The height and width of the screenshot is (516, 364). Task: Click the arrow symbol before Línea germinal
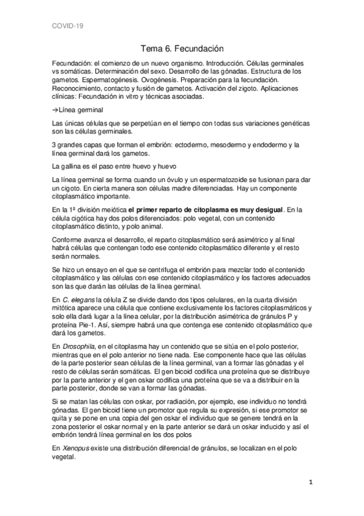coord(55,110)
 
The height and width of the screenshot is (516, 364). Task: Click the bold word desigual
coord(266,210)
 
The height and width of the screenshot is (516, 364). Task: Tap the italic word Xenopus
coord(77,448)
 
